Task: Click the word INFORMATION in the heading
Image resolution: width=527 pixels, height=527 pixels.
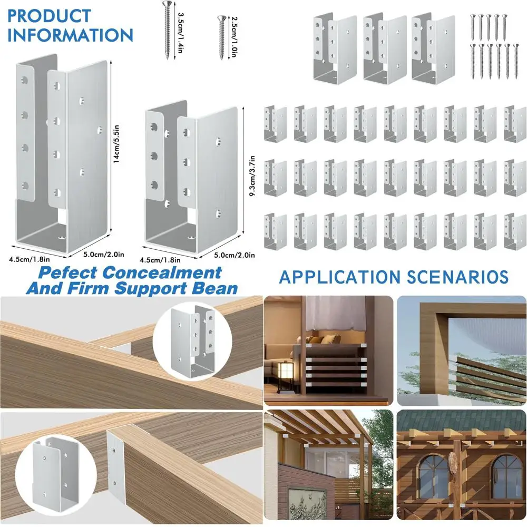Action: click(71, 35)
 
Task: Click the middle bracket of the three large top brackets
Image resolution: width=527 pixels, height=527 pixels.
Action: click(384, 47)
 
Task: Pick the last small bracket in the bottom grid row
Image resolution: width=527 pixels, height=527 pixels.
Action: click(515, 231)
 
